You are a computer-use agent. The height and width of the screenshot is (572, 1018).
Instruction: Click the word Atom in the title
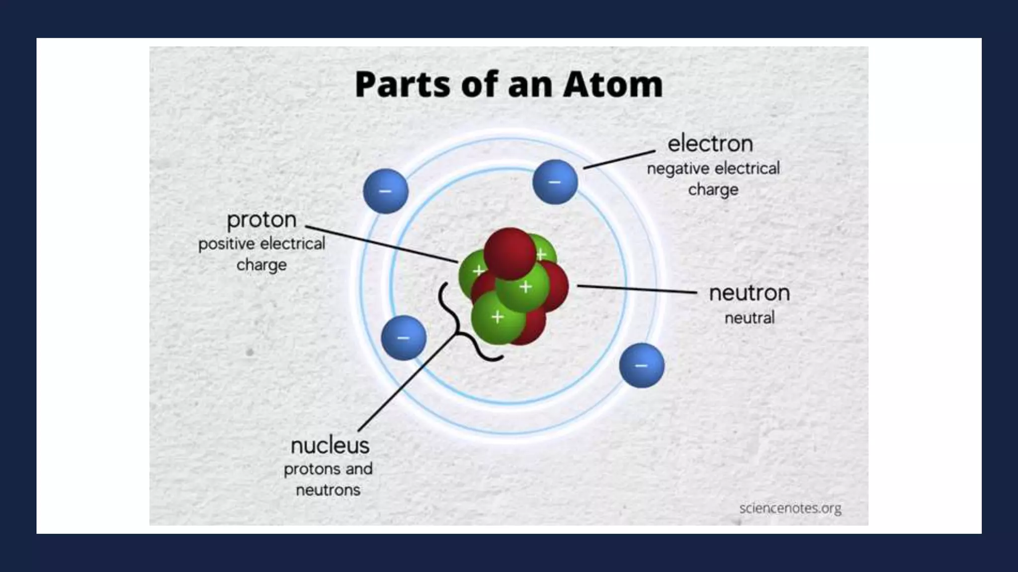612,84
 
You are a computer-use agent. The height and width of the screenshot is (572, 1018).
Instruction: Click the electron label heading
710,144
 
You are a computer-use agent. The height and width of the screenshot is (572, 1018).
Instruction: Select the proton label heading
261,220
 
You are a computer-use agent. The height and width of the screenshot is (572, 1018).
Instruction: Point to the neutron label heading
749,293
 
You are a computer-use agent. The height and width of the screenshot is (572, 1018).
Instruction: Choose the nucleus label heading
330,445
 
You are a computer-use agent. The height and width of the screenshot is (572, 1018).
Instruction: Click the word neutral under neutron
749,318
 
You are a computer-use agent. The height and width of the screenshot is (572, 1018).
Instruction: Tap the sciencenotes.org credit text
790,508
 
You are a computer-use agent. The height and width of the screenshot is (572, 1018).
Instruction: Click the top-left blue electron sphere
386,191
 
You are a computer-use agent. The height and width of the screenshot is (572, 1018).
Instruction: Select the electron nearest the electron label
555,182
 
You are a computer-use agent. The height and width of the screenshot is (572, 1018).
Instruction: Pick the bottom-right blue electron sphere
641,365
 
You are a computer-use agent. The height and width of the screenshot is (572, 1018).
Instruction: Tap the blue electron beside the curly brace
403,338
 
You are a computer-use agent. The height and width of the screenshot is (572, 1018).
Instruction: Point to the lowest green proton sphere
497,318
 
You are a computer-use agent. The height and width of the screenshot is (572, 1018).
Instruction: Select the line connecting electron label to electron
619,159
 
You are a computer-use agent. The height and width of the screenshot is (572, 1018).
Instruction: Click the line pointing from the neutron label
636,289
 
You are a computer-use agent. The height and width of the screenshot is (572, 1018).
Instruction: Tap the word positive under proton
227,244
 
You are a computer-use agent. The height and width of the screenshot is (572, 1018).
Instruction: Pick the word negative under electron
678,169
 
